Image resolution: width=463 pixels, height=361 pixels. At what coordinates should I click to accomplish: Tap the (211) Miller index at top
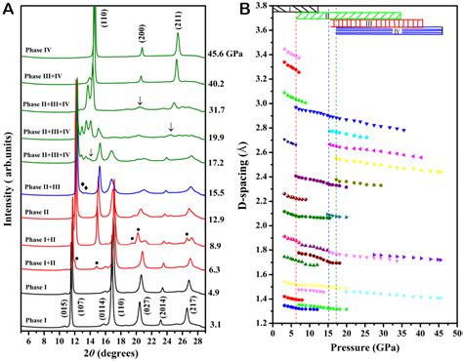click(178, 17)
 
